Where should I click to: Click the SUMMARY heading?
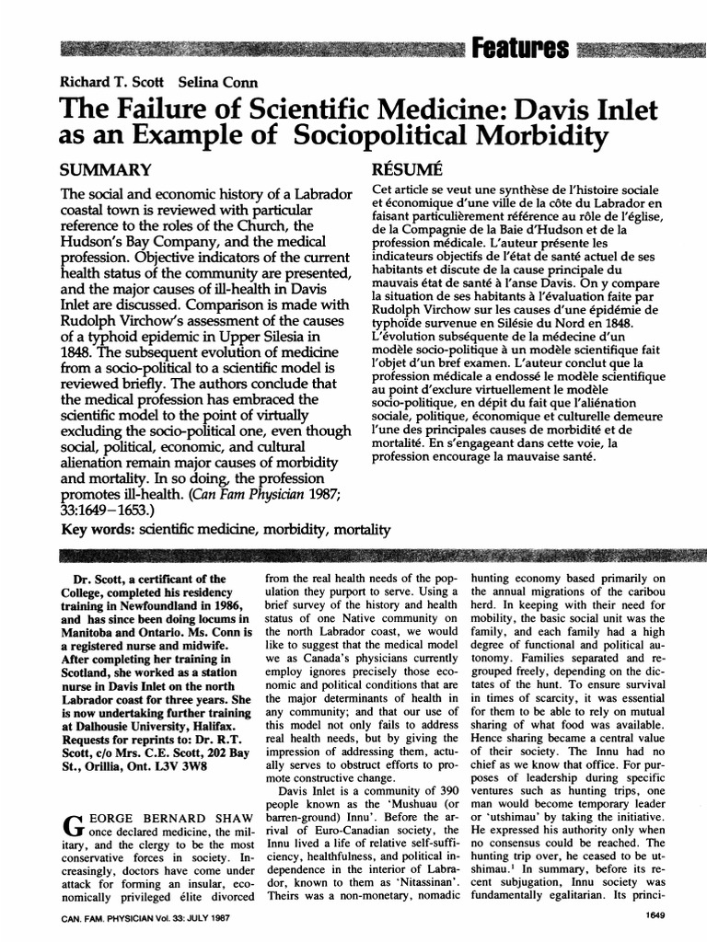click(104, 170)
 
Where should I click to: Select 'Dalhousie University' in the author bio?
click(119, 718)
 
